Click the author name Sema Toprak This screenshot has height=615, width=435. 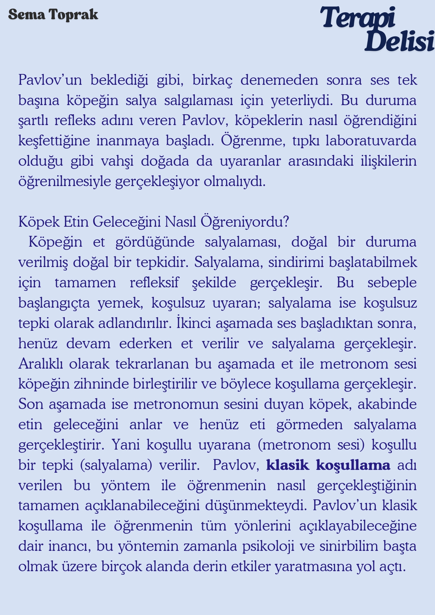coord(53,15)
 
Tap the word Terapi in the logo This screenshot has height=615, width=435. coord(358,18)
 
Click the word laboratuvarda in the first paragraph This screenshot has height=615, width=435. coord(371,141)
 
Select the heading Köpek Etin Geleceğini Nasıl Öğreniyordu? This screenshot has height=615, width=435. coord(154,221)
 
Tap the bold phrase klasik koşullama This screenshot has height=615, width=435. coord(328,465)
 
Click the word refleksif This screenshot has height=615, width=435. coord(154,282)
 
